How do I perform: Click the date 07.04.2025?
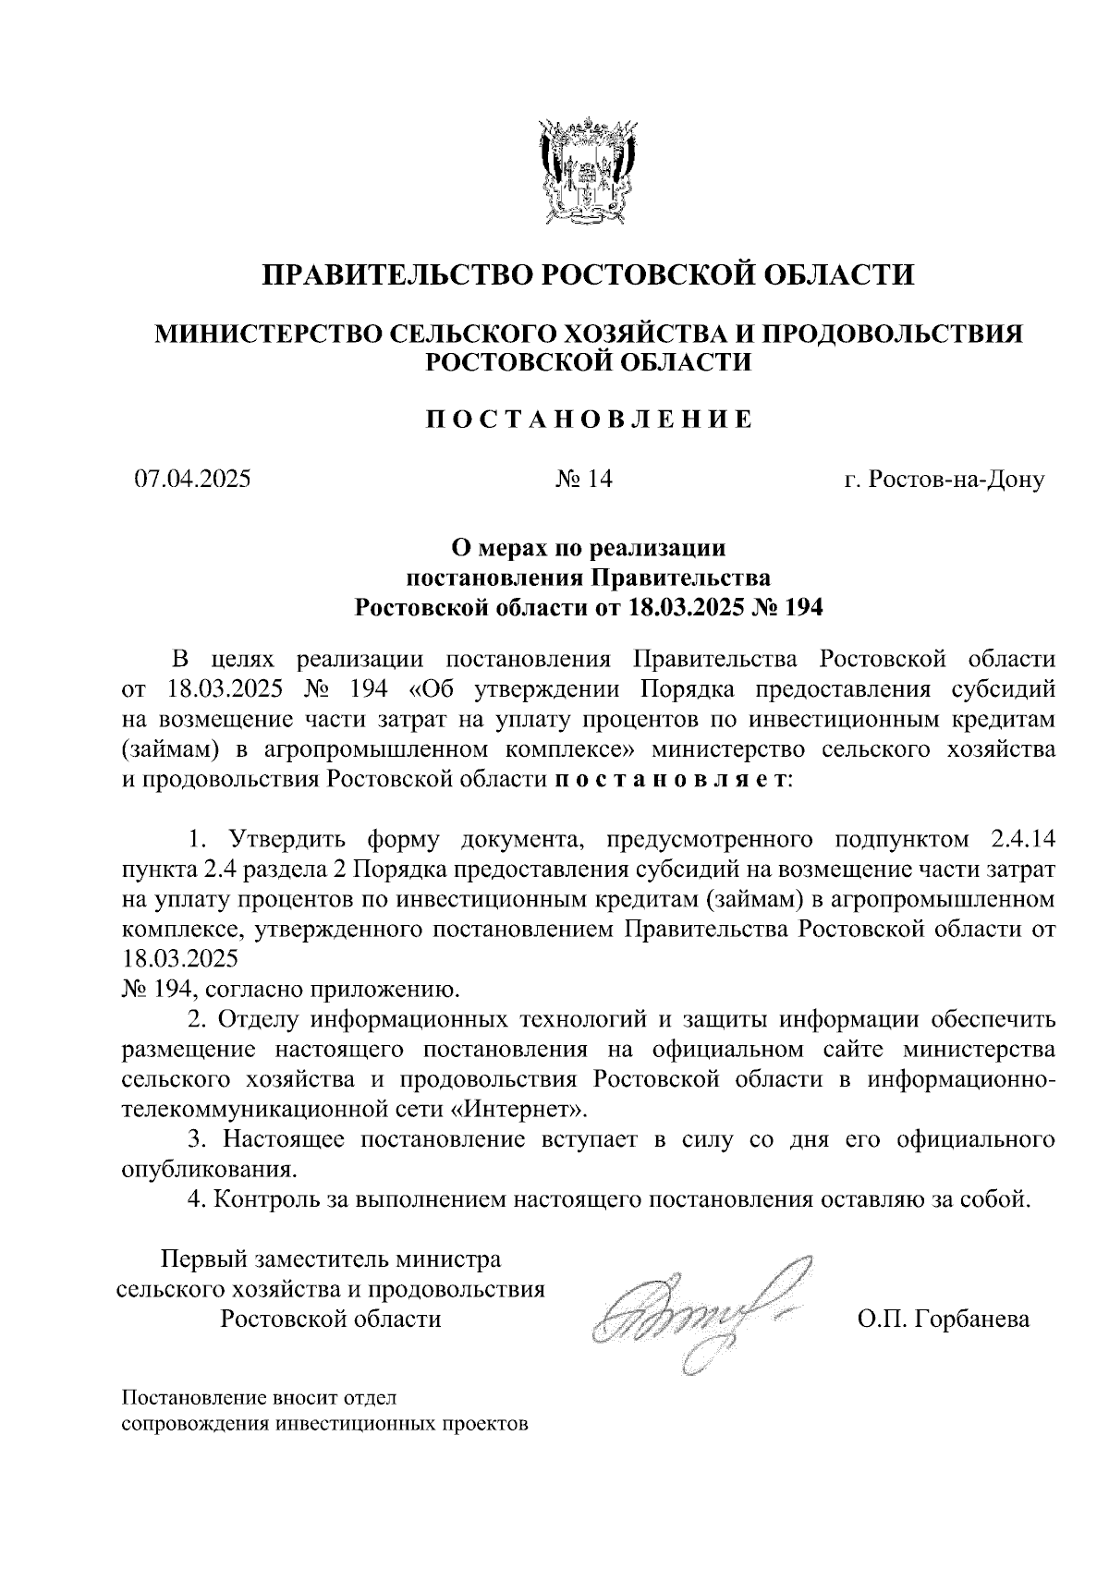(x=192, y=480)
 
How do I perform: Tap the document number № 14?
(x=584, y=480)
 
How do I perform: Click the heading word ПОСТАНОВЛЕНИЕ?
(x=590, y=420)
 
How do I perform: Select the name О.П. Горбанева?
(x=943, y=1319)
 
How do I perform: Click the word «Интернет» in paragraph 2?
(x=531, y=1108)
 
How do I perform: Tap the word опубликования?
(x=210, y=1169)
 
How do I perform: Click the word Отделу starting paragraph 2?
(x=260, y=1019)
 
